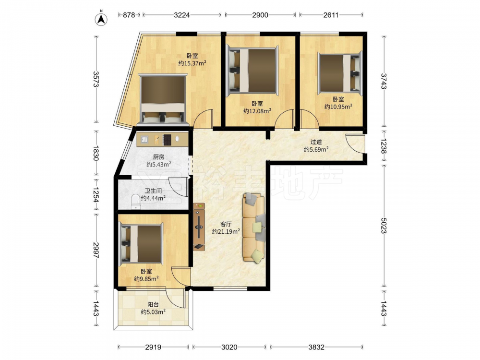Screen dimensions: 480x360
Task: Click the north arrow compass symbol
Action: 101,18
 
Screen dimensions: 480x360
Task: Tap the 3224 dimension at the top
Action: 182,15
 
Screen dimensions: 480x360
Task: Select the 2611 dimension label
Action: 331,15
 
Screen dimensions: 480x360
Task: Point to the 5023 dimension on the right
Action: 384,225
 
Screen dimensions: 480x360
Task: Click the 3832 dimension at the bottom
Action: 316,347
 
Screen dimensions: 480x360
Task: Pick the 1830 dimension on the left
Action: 96,153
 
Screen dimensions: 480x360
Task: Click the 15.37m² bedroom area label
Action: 192,63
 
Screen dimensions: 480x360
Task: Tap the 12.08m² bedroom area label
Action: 257,111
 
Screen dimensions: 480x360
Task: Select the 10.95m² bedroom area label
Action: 338,107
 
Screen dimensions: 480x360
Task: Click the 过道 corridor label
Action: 316,142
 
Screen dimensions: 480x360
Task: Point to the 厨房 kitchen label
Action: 158,157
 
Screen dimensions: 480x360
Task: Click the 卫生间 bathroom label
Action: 153,191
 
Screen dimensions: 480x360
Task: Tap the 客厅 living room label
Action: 226,224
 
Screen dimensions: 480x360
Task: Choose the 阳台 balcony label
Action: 153,305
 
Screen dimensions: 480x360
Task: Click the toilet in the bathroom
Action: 135,201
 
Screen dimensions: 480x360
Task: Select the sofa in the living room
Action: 254,228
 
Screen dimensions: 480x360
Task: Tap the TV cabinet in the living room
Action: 199,227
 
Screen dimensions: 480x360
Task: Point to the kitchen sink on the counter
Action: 144,140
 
